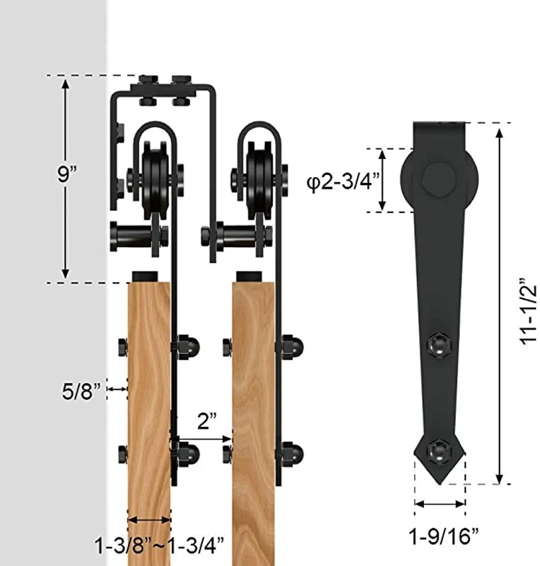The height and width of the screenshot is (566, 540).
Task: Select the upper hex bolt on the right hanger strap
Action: pyautogui.click(x=438, y=343)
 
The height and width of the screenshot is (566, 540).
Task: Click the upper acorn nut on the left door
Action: pyautogui.click(x=189, y=345)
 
